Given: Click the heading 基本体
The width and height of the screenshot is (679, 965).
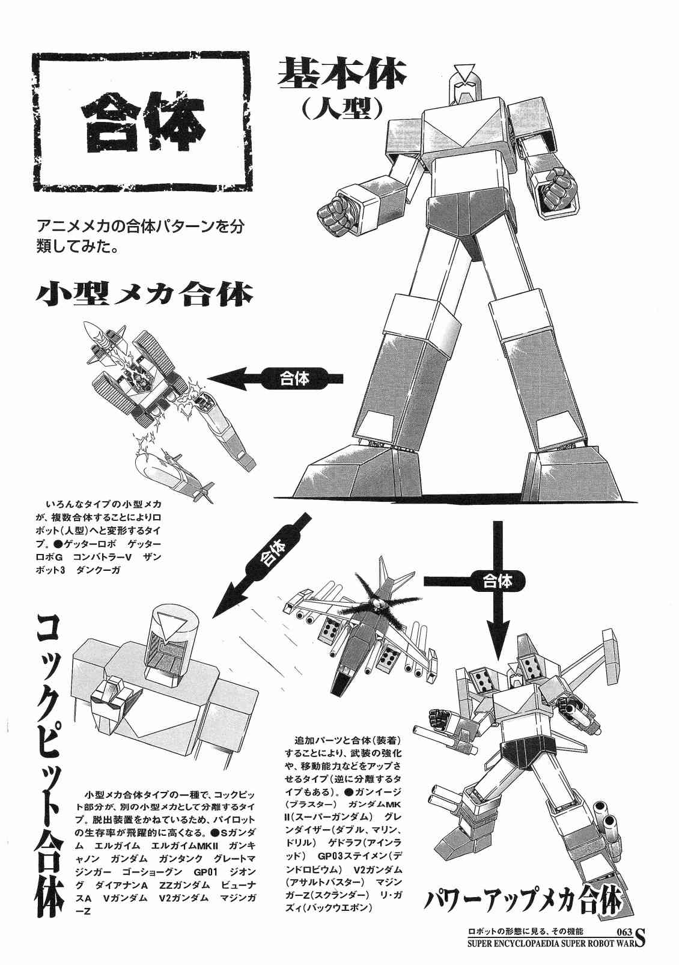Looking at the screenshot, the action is pyautogui.click(x=342, y=72).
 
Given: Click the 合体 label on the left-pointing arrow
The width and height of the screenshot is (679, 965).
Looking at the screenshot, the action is pyautogui.click(x=294, y=379).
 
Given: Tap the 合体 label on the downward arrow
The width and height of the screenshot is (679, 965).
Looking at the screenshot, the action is pyautogui.click(x=498, y=582).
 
